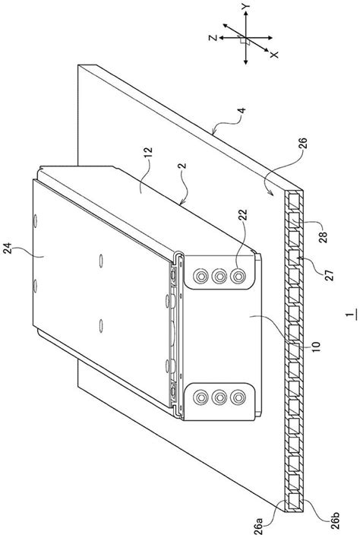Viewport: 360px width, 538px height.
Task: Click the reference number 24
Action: click(x=8, y=248)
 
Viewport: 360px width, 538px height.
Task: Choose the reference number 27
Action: click(x=329, y=276)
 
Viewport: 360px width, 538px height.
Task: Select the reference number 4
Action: click(x=242, y=111)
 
